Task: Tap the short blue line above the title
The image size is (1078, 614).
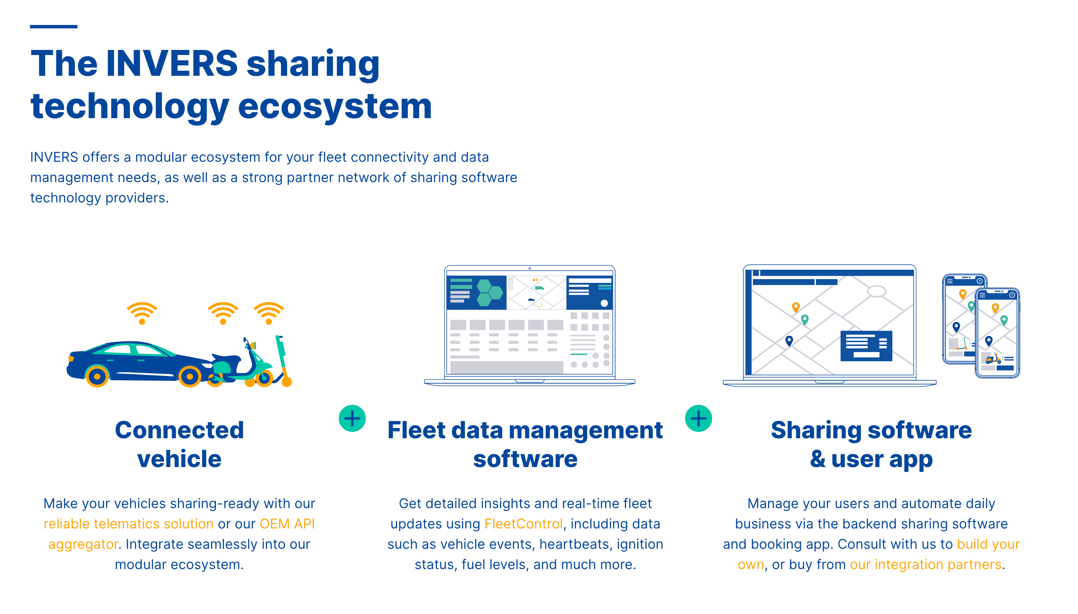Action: coord(54,27)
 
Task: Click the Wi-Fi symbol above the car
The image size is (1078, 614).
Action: coord(142,313)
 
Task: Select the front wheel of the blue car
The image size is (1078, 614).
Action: coord(97,376)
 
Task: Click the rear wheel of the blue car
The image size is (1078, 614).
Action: coord(190,376)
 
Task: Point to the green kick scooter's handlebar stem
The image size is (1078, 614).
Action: coord(282,356)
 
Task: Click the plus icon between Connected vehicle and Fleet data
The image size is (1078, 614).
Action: coord(352,418)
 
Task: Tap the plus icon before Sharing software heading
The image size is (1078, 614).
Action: coord(699,418)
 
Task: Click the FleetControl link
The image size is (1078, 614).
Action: coord(523,524)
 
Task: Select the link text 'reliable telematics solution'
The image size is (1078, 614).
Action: coord(128,524)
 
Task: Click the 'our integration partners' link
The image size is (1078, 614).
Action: coord(926,564)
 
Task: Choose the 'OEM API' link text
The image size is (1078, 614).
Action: coord(287,524)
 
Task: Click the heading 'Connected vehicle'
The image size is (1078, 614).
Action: coord(180,445)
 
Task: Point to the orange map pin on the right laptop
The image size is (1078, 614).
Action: coord(796,307)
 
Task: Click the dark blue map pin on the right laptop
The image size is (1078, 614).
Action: coord(789,341)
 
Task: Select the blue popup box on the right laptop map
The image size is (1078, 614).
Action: coord(866,346)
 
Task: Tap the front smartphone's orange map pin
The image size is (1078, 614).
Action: coord(995,308)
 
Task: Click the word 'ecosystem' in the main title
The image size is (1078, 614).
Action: coord(335,107)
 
